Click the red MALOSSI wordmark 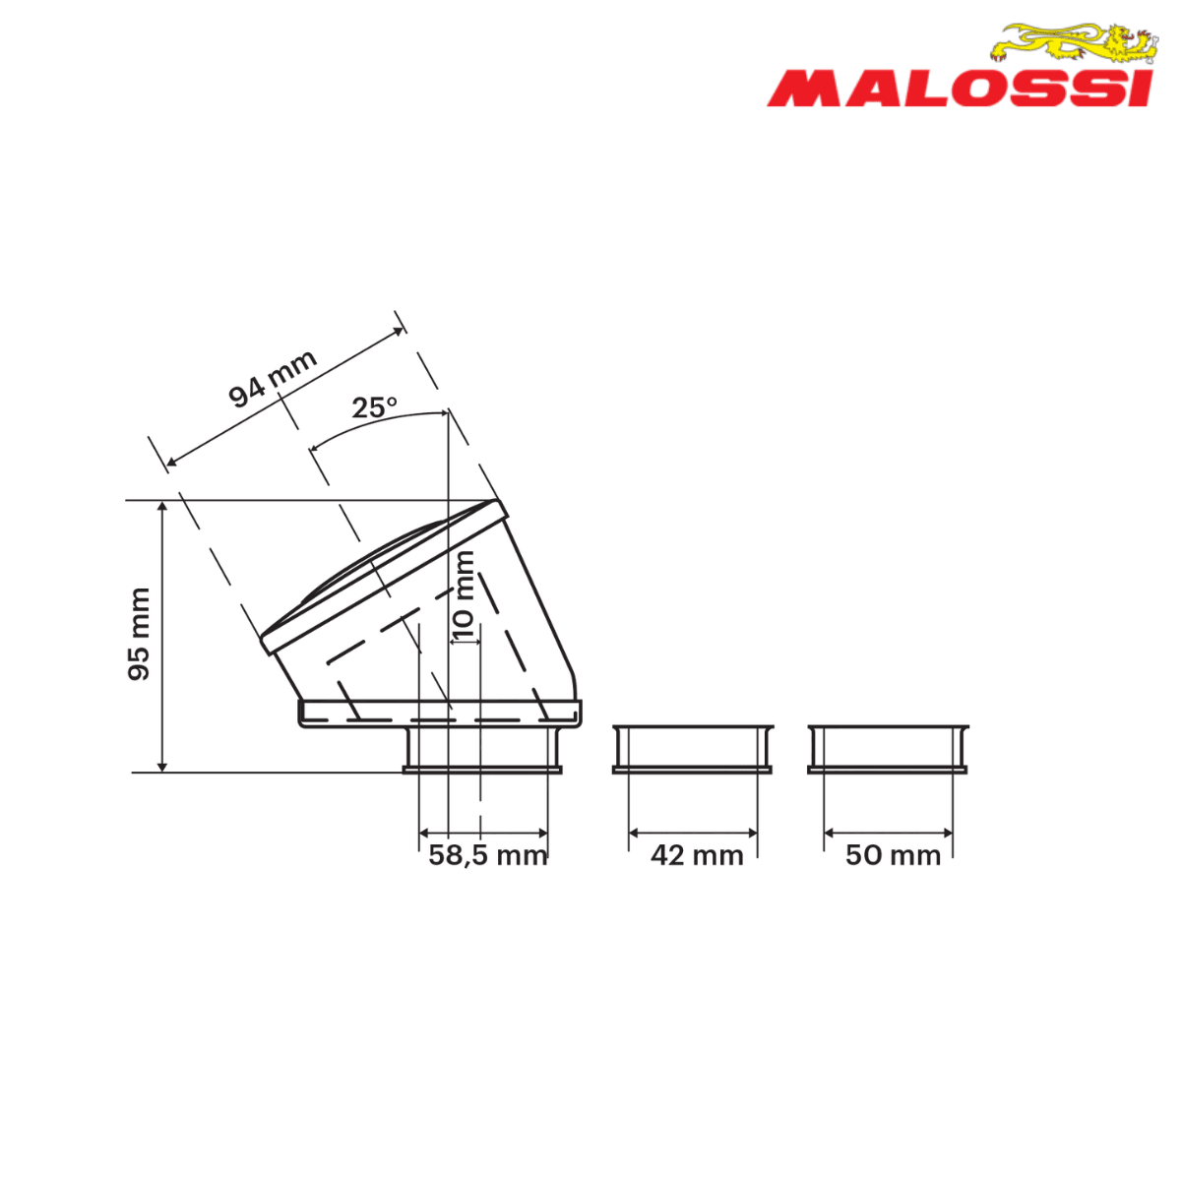960,90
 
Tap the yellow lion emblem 1075,43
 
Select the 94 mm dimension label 272,378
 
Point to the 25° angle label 374,407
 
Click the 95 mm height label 139,634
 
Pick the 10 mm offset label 464,594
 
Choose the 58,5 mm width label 488,855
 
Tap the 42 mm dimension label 697,855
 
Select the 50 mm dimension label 893,855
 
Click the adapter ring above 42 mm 693,750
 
